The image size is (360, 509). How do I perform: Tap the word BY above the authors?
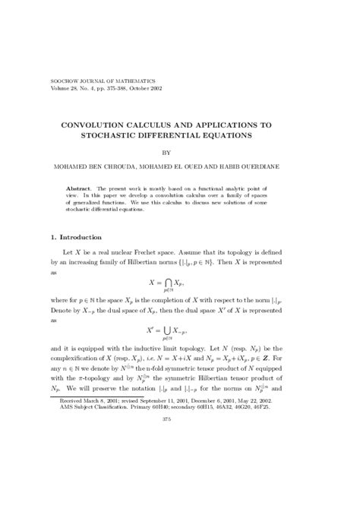(x=181, y=152)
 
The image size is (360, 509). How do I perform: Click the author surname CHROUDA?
(x=123, y=167)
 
